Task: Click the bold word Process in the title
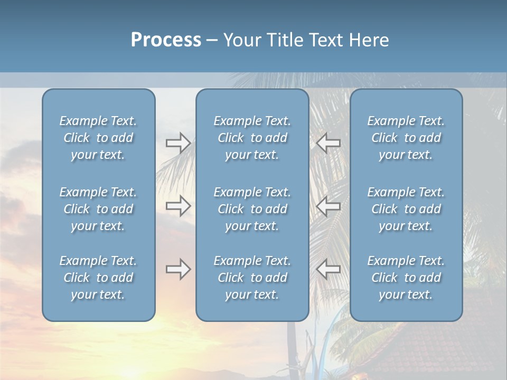(166, 40)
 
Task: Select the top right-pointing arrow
(178, 143)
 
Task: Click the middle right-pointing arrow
(178, 205)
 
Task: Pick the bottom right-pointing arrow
(178, 269)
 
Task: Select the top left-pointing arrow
(328, 143)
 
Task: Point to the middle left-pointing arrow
(328, 205)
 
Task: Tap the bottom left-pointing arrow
(328, 269)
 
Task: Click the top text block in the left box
(98, 138)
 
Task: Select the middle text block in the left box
(98, 209)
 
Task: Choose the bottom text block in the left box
(98, 278)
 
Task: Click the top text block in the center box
(252, 138)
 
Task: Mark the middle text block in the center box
(252, 209)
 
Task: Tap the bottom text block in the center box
(252, 278)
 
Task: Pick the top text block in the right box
(406, 138)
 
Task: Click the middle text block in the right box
(406, 209)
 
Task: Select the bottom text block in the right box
(406, 278)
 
